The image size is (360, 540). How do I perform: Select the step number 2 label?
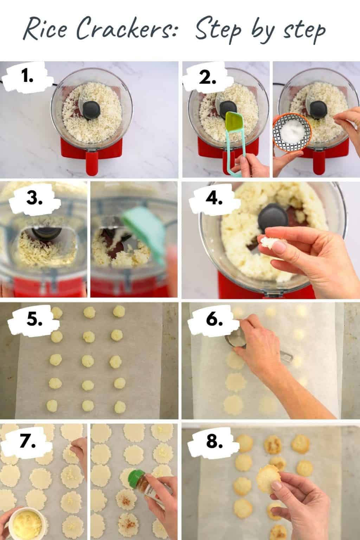207,78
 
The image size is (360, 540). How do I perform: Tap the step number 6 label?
214,320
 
